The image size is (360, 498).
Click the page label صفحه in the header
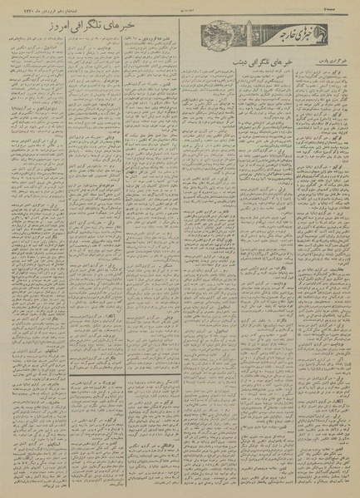coord(344,11)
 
